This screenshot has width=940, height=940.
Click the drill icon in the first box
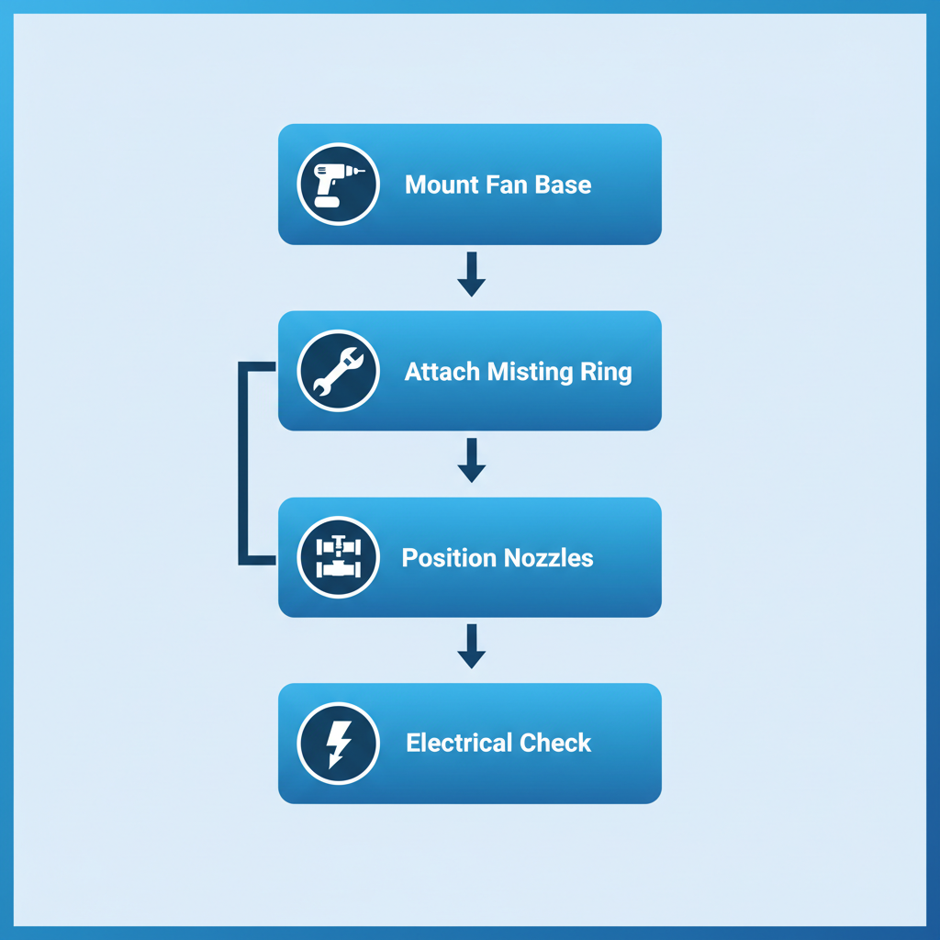click(x=338, y=184)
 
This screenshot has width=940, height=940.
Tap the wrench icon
click(x=338, y=371)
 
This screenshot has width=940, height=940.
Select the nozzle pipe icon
click(x=338, y=557)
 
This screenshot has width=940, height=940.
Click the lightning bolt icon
click(x=338, y=743)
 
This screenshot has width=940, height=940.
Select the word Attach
click(x=442, y=372)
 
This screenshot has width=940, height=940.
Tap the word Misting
click(x=532, y=372)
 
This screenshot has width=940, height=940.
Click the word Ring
click(x=606, y=372)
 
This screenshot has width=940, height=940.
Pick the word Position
click(x=444, y=558)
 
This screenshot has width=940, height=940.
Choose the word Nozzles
click(x=547, y=558)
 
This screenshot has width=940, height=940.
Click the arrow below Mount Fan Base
click(x=471, y=274)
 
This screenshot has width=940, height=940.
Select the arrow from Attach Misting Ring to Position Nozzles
click(x=471, y=461)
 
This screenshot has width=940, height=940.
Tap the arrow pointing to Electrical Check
click(x=471, y=647)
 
